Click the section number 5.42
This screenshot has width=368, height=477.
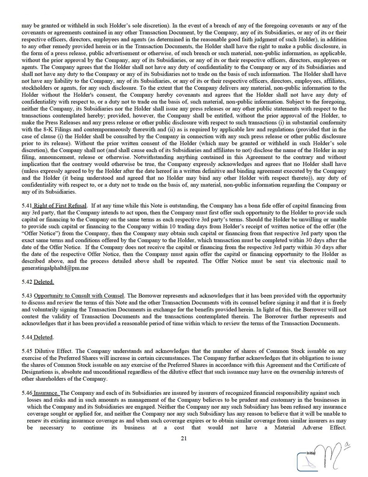[x=27, y=282]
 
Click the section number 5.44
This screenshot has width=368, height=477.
[x=27, y=338]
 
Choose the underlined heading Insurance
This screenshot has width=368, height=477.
[x=46, y=392]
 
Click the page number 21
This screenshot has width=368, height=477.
[x=184, y=438]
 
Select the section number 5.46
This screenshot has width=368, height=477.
[x=27, y=392]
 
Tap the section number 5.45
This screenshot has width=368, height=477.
[x=27, y=352]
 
